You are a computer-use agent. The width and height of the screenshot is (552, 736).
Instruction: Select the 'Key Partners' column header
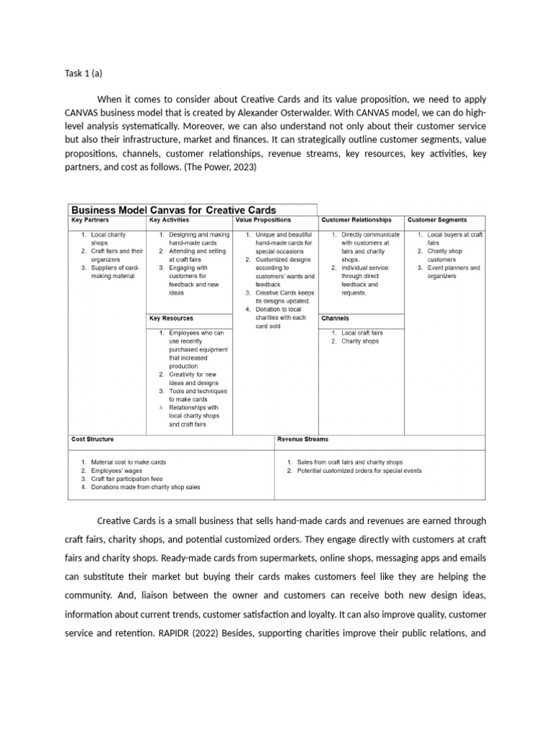[x=89, y=221]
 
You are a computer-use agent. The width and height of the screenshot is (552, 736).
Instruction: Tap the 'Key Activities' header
[x=170, y=221]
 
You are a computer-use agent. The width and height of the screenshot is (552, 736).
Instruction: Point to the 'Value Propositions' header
[x=263, y=221]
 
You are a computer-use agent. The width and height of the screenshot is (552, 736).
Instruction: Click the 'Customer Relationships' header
[x=356, y=221]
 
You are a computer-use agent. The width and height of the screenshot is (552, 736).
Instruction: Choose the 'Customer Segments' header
[x=437, y=221]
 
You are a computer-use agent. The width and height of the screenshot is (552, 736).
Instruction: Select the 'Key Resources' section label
[x=171, y=318]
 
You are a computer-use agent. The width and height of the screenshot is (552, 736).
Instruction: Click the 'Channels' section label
[x=335, y=318]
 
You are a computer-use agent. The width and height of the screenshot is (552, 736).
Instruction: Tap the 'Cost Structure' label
[x=92, y=439]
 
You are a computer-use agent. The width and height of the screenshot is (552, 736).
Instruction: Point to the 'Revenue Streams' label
[x=303, y=439]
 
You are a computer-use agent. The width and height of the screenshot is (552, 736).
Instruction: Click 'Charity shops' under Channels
[x=360, y=341]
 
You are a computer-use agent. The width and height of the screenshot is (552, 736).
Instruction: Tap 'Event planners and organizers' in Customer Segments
[x=454, y=272]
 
